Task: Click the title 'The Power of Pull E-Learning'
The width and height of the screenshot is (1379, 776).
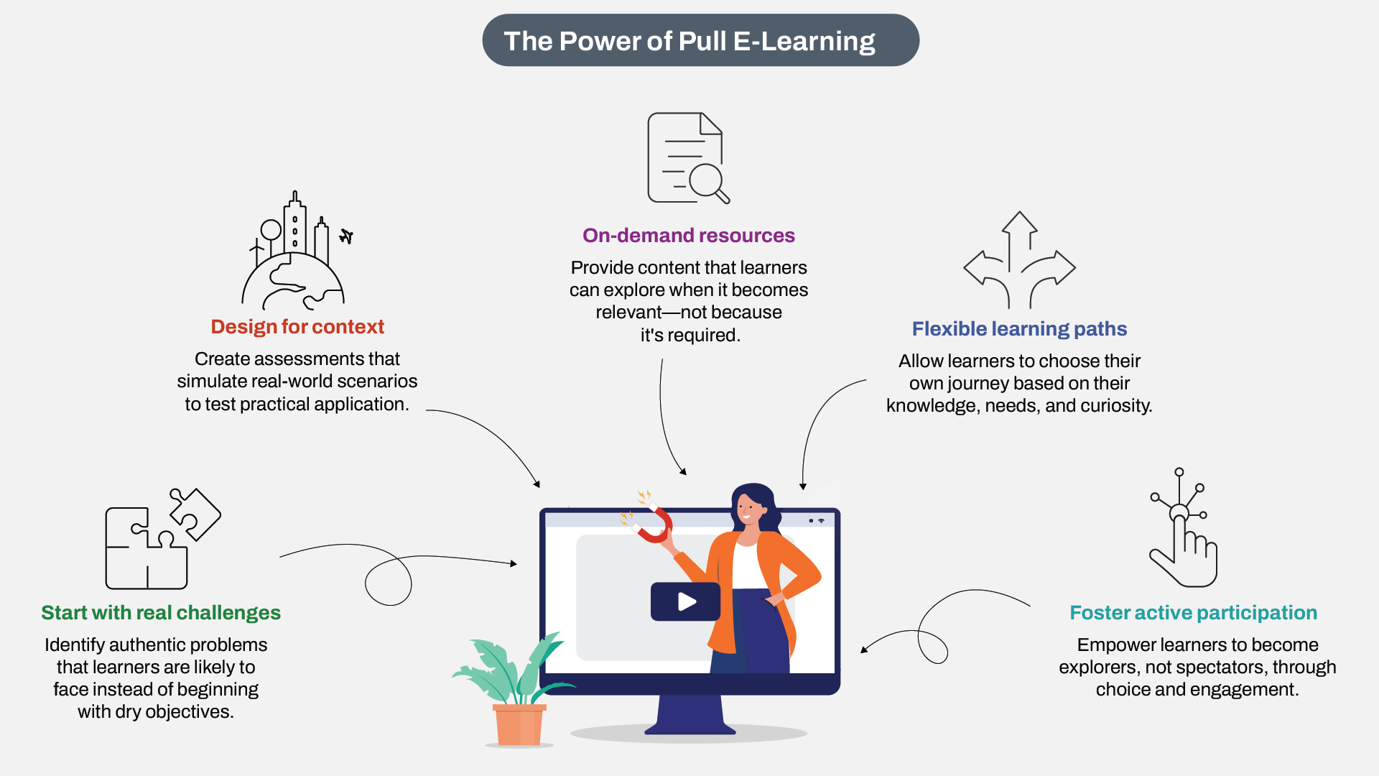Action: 689,41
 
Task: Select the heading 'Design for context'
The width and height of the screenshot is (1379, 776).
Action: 297,327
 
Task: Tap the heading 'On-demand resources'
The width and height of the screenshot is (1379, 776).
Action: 689,236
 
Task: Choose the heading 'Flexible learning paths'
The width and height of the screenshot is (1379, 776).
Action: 1019,329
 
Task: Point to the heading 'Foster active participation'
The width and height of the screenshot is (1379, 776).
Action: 1193,613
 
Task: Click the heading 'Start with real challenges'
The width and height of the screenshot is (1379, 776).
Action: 161,613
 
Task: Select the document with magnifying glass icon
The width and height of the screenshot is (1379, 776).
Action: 688,158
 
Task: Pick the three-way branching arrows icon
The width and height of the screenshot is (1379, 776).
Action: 1019,260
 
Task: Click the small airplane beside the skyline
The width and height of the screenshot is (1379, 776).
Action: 346,236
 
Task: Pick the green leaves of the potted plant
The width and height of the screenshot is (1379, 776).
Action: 506,668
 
